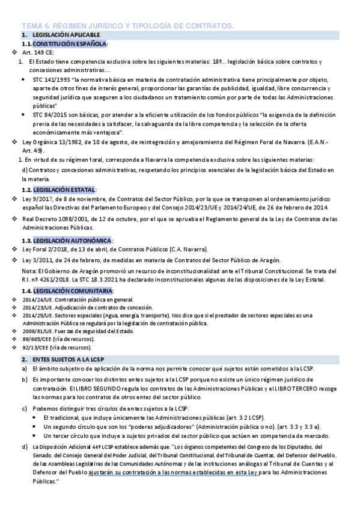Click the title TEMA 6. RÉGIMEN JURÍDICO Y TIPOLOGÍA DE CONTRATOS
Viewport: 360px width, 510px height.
tap(127, 25)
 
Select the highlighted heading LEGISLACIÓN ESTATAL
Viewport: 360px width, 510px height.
tap(64, 190)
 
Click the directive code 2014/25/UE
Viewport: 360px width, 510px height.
tap(38, 315)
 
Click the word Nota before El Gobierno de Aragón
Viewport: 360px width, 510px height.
tap(28, 271)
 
